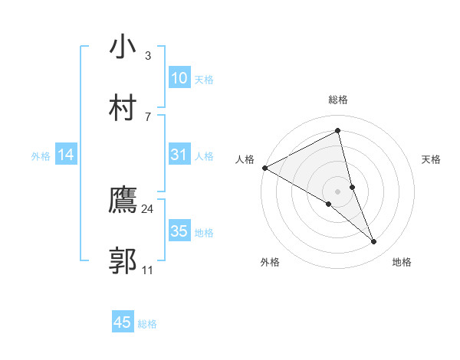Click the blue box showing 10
pos(179,78)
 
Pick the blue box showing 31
pos(179,155)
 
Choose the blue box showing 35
pos(179,231)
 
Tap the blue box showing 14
pos(66,155)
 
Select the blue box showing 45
pos(123,322)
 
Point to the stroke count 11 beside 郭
pos(148,270)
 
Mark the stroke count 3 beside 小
pos(148,56)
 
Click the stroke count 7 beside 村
pos(148,116)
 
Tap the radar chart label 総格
pos(338,100)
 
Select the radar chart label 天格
pos(432,159)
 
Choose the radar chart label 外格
pos(270,263)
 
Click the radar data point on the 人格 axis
pos(264,168)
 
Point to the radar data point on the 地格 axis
pos(374,242)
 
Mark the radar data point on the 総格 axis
pos(338,131)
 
